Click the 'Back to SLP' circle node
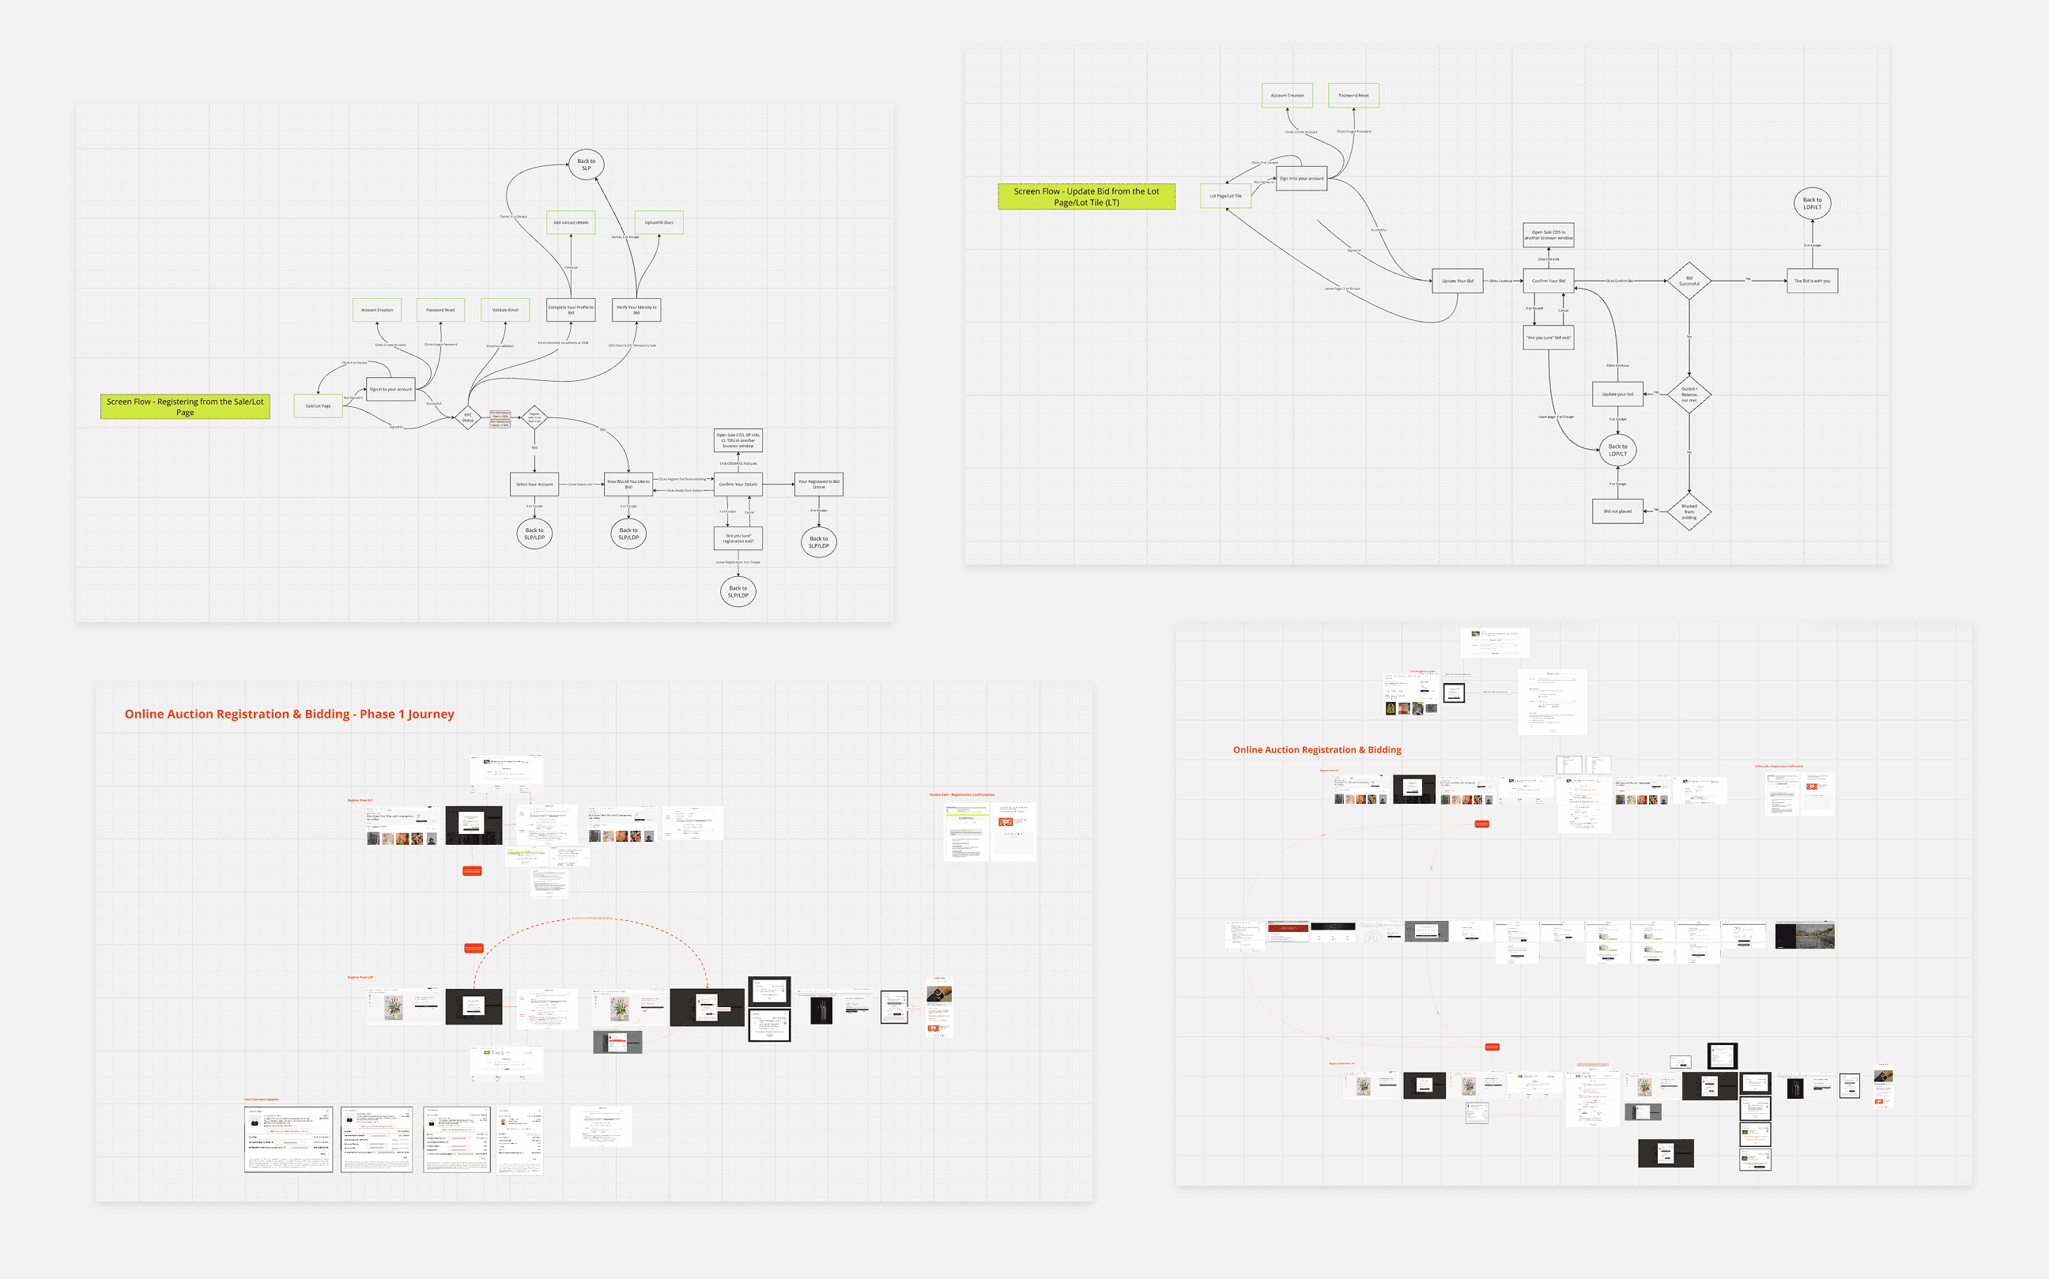pos(587,164)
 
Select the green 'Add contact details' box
pos(571,222)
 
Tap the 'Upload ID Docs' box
pos(659,222)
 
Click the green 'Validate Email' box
pos(505,310)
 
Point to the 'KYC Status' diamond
pos(468,418)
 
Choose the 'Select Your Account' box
pos(534,485)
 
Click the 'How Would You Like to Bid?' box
pos(628,485)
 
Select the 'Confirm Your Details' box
pos(738,485)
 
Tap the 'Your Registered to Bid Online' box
pos(818,485)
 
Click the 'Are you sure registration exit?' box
pos(738,538)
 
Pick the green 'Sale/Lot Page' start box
pos(318,406)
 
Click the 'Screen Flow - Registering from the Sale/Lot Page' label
pos(185,407)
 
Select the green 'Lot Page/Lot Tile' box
pos(1225,196)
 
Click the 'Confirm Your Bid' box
pos(1548,281)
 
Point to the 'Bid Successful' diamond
pos(1689,281)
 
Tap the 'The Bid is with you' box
pos(1811,281)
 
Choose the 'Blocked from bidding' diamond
pos(1689,511)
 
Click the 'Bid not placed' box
pos(1617,511)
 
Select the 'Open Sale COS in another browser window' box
pos(1548,235)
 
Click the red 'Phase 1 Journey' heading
pos(289,714)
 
